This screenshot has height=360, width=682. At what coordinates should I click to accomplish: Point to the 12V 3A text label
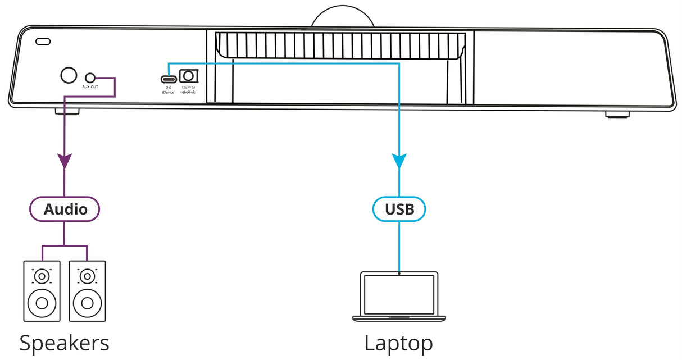pos(189,88)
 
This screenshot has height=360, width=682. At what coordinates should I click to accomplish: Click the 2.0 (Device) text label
pos(168,90)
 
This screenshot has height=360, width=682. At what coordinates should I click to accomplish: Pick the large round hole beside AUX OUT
pos(68,76)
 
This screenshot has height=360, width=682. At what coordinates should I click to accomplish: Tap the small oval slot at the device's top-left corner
pos(43,41)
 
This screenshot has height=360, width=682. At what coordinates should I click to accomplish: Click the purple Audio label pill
pos(65,209)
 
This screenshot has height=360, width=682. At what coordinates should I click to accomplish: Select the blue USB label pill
pos(399,209)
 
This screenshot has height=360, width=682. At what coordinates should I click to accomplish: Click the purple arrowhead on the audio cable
pos(65,161)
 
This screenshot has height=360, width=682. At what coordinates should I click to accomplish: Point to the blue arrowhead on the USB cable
pos(399,161)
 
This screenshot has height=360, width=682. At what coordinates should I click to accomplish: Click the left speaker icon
pos(41,290)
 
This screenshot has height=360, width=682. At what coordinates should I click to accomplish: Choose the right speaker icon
pos(87,290)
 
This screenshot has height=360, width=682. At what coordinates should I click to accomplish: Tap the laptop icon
pos(399,296)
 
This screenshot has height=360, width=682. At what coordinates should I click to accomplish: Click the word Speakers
pos(64,343)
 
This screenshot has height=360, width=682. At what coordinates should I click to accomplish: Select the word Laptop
pos(398,343)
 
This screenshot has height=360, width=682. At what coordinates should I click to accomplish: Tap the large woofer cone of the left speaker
pos(41,304)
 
